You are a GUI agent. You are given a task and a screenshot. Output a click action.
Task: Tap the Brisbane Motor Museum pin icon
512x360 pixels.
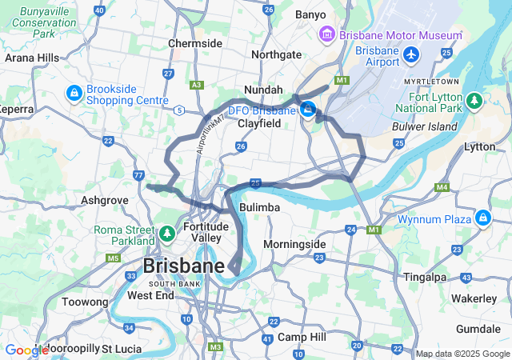coord(326,35)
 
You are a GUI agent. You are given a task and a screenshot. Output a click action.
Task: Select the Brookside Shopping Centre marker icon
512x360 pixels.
coord(74,94)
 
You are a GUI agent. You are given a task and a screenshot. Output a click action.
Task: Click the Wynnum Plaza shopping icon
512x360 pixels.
coord(482,218)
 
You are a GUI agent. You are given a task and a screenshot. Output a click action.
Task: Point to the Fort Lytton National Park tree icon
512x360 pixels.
coord(474,101)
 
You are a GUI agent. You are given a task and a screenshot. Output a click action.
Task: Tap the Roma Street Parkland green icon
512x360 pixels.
coord(166,234)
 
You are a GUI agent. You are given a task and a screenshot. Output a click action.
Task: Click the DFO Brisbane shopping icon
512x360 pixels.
coord(307,110)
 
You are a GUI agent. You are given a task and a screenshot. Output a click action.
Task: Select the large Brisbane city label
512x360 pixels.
coord(183,266)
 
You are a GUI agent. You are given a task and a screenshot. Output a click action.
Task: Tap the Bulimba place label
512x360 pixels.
coord(259,207)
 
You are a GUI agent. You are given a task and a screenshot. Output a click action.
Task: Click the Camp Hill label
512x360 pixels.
coord(300,337)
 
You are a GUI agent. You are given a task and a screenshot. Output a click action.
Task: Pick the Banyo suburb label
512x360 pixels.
coord(310,14)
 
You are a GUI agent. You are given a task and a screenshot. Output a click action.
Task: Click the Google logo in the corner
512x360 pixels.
coord(26,350)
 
